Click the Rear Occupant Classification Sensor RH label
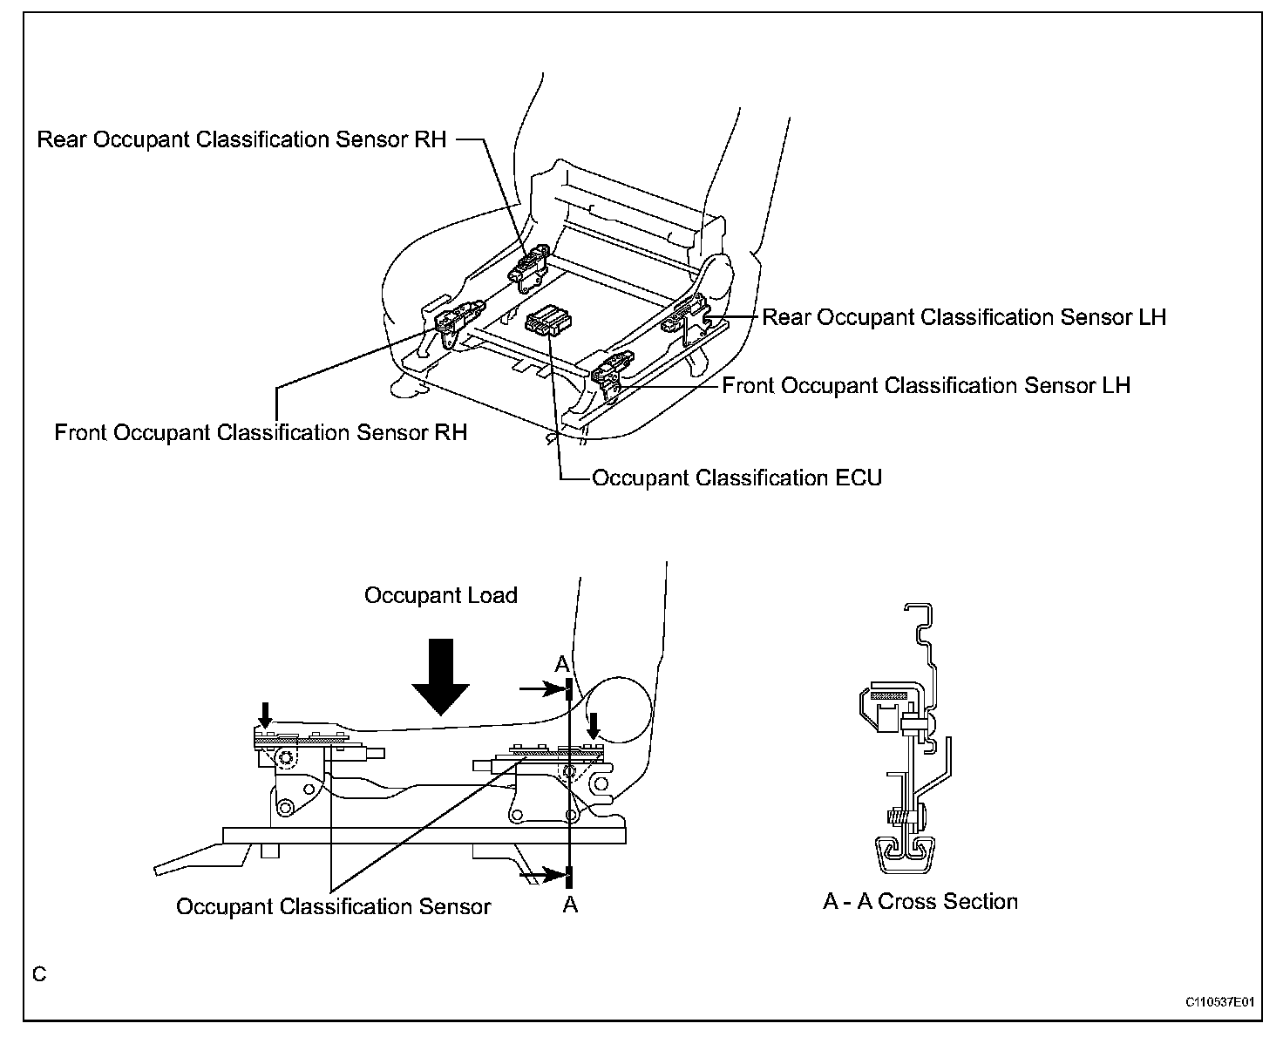pyautogui.click(x=241, y=139)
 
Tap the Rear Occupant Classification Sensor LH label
pyautogui.click(x=964, y=317)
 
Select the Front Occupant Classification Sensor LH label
pyautogui.click(x=926, y=385)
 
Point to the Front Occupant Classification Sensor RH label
pyautogui.click(x=261, y=432)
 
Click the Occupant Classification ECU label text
pyautogui.click(x=737, y=478)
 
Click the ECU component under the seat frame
pyautogui.click(x=546, y=322)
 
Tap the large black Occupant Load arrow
pyautogui.click(x=443, y=675)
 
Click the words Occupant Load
pyautogui.click(x=441, y=595)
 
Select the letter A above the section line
pyautogui.click(x=563, y=664)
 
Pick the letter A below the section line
pyautogui.click(x=570, y=905)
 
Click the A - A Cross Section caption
pyautogui.click(x=920, y=901)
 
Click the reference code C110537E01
pyautogui.click(x=1219, y=1003)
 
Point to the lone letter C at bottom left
pyautogui.click(x=39, y=973)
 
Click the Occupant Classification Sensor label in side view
pyautogui.click(x=334, y=906)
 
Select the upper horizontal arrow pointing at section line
pyautogui.click(x=540, y=689)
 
